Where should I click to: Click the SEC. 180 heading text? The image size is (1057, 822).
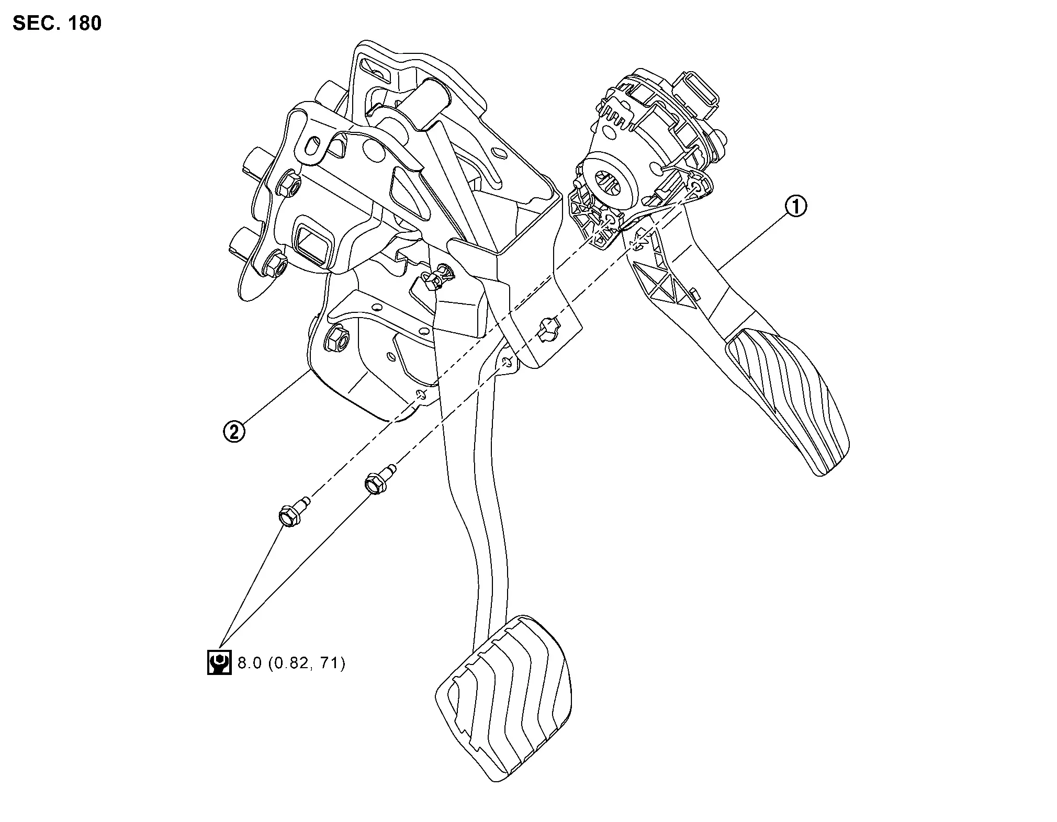click(57, 24)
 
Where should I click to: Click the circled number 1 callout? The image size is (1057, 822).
click(795, 206)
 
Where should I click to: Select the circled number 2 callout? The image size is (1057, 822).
click(233, 432)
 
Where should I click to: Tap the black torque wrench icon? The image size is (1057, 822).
click(219, 662)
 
